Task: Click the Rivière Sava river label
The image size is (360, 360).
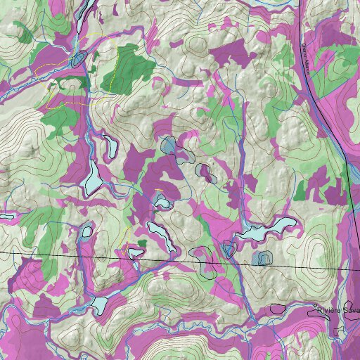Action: click(x=338, y=310)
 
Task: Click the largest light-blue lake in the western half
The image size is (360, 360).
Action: click(x=92, y=176)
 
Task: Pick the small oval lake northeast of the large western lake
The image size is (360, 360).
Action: click(x=110, y=147)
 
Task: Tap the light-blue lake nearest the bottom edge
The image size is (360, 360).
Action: click(x=99, y=304)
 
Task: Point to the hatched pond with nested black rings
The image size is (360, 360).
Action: click(x=264, y=258)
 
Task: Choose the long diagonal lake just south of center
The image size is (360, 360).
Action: click(x=160, y=235)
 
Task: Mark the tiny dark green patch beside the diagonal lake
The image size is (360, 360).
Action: click(x=142, y=243)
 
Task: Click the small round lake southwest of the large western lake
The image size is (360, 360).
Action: click(x=86, y=231)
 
